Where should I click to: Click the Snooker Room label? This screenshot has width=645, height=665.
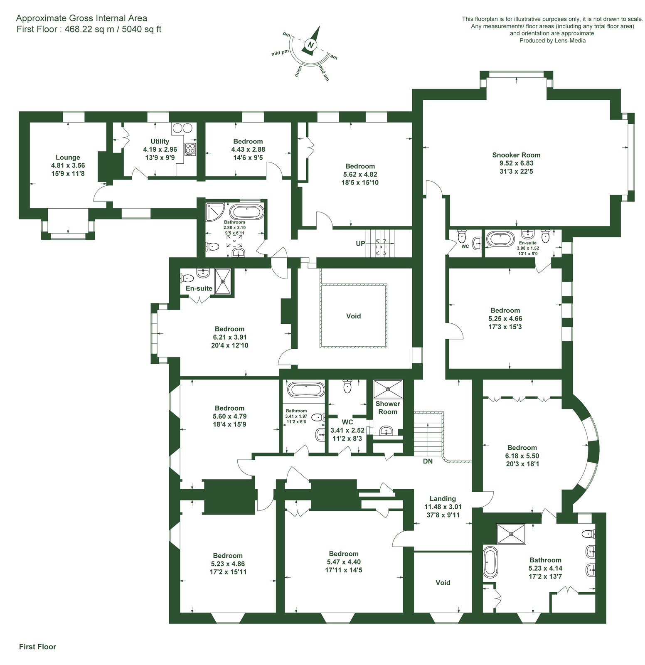point(516,155)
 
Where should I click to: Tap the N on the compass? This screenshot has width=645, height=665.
point(310,45)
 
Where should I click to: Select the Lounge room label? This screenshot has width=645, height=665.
point(68,158)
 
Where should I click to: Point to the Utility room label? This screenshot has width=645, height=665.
point(160,141)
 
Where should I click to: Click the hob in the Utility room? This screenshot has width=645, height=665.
point(190,149)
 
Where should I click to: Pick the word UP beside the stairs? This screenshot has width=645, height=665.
point(360,243)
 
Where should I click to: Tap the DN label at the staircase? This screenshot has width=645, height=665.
point(428,461)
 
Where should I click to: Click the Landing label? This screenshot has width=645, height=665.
point(443,499)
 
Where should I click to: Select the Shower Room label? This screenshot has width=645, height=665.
point(388,408)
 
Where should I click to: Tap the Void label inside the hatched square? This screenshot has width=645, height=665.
point(353,316)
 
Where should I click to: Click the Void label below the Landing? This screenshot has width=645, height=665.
point(443,583)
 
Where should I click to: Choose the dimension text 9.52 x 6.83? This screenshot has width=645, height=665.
point(516,163)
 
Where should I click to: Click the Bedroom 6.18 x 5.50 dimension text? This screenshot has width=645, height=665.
point(522,456)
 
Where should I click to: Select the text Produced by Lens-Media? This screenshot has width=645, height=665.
point(552,41)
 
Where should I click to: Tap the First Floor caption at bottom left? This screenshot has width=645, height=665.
point(37,647)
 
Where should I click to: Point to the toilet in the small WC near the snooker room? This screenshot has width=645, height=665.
point(461,236)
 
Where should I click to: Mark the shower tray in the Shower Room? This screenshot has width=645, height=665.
point(388,389)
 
